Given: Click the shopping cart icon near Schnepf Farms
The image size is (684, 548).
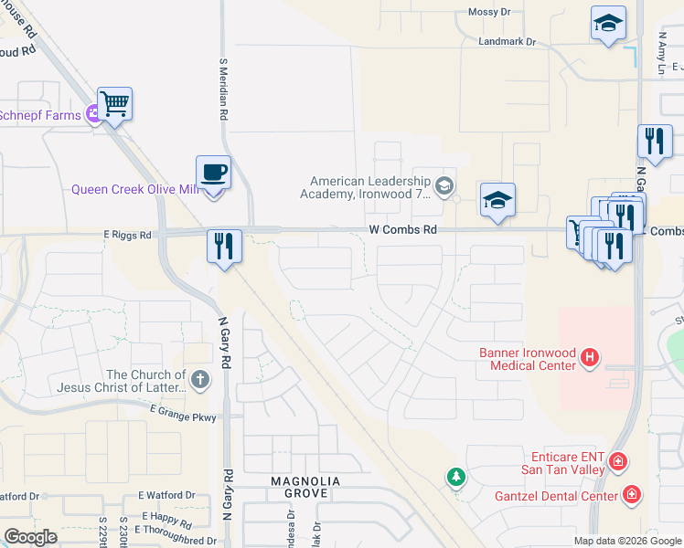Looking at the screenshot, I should [114, 103].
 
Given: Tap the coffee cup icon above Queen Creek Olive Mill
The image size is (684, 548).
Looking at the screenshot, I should [213, 172].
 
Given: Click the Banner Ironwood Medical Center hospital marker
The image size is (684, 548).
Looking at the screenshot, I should [590, 356].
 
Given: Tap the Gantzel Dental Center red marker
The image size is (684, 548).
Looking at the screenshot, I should [630, 495].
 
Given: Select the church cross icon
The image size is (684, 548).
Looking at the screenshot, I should [200, 377].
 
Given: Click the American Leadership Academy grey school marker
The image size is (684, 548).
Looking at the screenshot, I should [444, 186].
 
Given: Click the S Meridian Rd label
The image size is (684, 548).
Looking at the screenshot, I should [222, 91].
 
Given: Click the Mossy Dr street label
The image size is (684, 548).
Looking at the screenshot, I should [488, 12].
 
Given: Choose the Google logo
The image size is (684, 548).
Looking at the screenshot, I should [30, 537].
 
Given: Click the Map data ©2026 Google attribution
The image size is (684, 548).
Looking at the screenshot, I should [626, 541].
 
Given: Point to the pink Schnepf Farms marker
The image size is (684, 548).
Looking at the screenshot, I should [92, 114].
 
